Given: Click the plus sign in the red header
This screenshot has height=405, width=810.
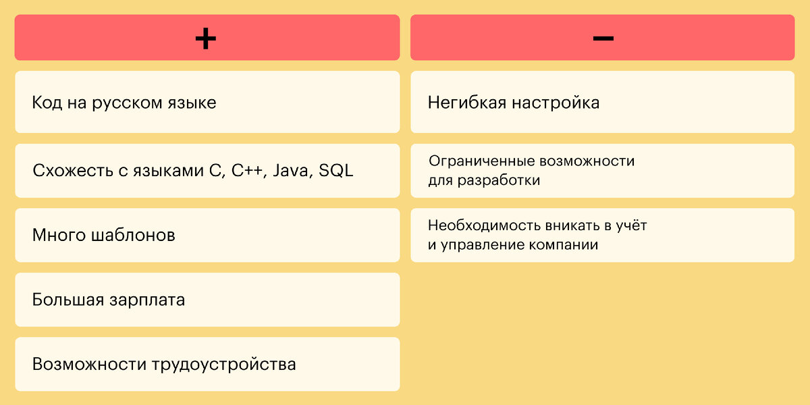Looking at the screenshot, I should [x=206, y=38].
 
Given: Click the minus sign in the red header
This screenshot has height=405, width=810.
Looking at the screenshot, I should [x=603, y=38].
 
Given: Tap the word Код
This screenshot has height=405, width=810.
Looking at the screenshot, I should [x=47, y=103].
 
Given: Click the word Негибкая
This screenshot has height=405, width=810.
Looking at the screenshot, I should [x=466, y=103].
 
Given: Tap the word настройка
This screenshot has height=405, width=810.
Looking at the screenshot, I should [x=556, y=103].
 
